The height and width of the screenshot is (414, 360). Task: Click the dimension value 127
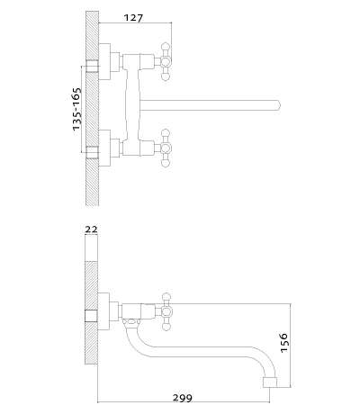133,18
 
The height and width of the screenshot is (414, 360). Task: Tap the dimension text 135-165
76,109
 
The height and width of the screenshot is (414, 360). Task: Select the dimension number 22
92,229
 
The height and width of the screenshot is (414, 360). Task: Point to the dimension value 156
283,343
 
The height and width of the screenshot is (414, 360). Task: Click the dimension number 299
183,398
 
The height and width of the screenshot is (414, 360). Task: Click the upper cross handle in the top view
166,62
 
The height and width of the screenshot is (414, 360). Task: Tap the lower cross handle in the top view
166,148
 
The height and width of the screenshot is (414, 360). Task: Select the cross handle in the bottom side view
166,312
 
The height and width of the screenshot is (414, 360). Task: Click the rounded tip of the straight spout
278,105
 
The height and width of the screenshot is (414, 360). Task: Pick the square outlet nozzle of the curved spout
270,382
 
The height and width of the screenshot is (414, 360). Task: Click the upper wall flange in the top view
104,62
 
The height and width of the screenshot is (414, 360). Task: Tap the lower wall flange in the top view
104,148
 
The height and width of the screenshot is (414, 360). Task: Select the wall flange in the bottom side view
103,312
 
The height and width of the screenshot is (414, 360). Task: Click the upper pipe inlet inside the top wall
93,66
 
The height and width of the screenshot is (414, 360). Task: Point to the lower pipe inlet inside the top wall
93,152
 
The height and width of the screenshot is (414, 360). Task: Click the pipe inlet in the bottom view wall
91,316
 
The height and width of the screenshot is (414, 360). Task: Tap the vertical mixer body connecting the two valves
132,104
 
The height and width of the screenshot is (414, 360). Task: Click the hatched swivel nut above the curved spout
130,323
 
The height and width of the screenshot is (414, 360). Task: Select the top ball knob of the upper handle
166,47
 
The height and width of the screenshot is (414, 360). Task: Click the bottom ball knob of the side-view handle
166,328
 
